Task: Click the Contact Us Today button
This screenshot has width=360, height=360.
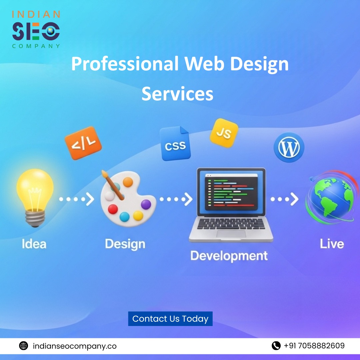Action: [x=170, y=318]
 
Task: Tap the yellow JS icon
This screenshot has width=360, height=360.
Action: [x=224, y=133]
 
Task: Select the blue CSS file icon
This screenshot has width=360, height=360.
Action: [x=175, y=143]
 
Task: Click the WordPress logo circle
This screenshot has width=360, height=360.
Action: [x=289, y=147]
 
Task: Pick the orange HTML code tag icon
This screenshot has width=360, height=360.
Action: [x=83, y=143]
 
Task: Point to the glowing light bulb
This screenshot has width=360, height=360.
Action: [x=35, y=197]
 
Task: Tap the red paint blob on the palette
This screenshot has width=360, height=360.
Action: [x=113, y=209]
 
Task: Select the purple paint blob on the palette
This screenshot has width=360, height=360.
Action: [x=146, y=204]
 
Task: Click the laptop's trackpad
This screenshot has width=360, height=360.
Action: [x=231, y=234]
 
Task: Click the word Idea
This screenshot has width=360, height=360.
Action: [x=34, y=244]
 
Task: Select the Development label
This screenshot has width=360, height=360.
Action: [x=229, y=256]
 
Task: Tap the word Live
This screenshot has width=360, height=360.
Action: [x=332, y=244]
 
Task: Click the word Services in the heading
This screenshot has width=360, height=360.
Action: [x=177, y=94]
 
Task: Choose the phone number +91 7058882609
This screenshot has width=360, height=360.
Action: [x=314, y=346]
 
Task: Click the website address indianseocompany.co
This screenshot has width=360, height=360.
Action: [x=75, y=346]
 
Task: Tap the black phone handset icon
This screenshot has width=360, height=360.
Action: [x=276, y=346]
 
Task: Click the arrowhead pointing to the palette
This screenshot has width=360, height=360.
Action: [x=90, y=199]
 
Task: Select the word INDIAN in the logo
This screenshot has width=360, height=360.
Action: [x=36, y=14]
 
